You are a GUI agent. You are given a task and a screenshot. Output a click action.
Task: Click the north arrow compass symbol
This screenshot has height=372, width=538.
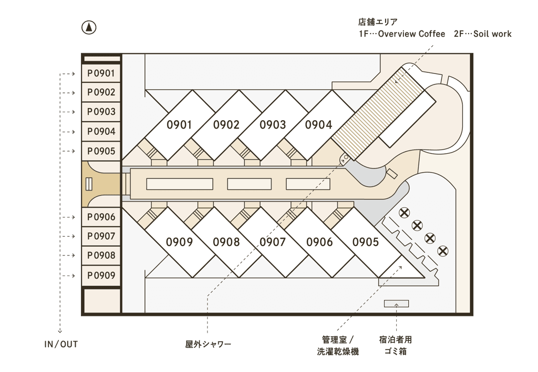(89, 28)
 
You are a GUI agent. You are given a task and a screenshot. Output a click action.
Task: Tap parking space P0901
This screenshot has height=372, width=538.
(101, 73)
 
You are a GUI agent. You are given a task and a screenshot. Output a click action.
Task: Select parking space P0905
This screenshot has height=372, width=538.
(101, 151)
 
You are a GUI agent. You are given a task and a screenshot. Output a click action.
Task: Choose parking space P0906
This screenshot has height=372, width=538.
(101, 217)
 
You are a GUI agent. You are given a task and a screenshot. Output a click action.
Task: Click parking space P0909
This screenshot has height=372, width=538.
(101, 275)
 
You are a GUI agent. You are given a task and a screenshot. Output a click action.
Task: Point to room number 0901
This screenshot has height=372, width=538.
(179, 125)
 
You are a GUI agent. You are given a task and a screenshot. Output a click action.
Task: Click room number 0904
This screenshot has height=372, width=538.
(319, 125)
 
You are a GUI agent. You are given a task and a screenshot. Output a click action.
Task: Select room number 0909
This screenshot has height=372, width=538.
(180, 242)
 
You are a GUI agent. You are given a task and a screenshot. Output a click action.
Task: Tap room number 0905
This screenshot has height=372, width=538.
(366, 242)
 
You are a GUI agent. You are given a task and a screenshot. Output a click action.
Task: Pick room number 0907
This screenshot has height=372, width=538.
(273, 242)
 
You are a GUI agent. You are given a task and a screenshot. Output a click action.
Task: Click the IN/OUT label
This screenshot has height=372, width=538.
(61, 344)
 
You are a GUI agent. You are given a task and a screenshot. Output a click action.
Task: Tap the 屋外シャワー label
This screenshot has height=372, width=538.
(208, 344)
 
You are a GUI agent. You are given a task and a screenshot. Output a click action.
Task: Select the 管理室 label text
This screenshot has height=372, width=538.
(334, 340)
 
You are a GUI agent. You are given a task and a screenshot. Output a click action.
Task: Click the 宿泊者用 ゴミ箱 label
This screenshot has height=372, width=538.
(396, 346)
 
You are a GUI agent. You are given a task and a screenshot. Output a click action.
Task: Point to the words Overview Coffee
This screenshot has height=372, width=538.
(411, 34)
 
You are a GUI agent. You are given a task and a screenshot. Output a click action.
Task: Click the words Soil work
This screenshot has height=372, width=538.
(492, 34)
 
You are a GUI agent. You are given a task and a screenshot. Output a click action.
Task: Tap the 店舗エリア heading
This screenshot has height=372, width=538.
(378, 22)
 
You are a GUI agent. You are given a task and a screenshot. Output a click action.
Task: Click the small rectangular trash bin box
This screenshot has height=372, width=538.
(396, 303)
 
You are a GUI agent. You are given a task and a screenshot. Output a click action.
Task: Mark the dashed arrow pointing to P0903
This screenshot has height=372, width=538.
(68, 112)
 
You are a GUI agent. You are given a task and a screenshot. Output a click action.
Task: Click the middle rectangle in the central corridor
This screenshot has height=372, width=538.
(250, 184)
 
